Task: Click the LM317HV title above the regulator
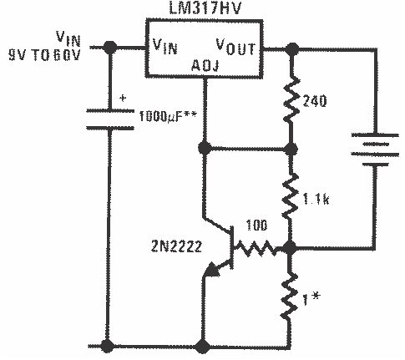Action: pos(204,9)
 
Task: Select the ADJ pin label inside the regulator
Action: pos(204,63)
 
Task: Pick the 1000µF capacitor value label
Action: pos(168,111)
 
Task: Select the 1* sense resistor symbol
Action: pos(291,297)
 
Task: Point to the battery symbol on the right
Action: pos(372,149)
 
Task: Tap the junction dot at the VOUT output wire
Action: pos(291,48)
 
